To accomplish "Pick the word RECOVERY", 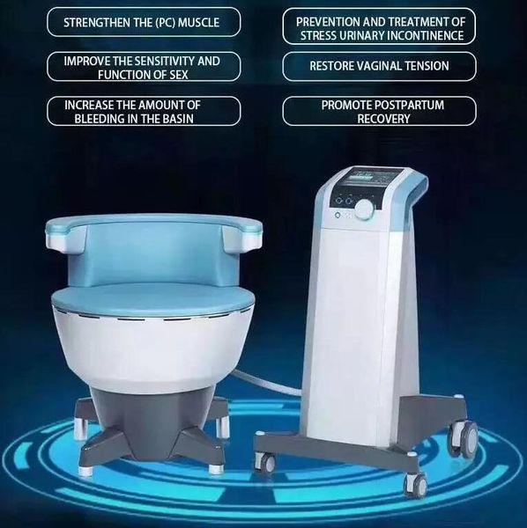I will (382, 118).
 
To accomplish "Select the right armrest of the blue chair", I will (243, 231).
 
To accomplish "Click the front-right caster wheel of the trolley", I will (412, 483).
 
